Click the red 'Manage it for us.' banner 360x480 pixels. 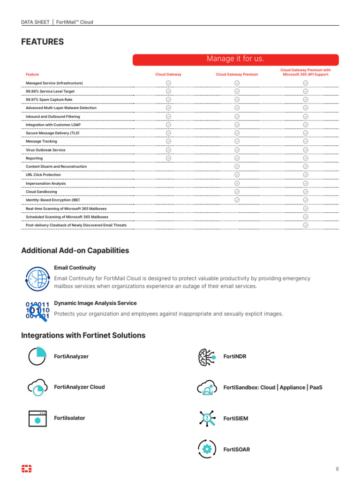tap(235, 59)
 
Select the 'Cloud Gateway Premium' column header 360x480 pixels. tap(237, 75)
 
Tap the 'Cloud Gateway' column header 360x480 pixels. tap(168, 75)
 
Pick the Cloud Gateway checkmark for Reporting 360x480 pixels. tap(168, 158)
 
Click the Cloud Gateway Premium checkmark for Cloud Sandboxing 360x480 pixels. tap(237, 191)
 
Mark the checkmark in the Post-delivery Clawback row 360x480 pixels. tap(306, 225)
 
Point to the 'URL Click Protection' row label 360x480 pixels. tap(43, 175)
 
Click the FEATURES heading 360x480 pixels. tap(42, 42)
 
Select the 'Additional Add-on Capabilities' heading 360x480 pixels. tap(75, 251)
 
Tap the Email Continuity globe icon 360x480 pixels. tap(37, 278)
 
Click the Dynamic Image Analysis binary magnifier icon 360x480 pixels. tap(37, 310)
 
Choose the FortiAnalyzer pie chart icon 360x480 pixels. tap(37, 356)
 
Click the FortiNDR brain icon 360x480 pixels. tap(207, 357)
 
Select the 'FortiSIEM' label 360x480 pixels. tap(236, 419)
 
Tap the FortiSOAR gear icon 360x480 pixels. tap(207, 449)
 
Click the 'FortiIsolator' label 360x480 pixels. tap(70, 418)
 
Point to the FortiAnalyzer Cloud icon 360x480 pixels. tap(37, 387)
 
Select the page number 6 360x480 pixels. tap(337, 469)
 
